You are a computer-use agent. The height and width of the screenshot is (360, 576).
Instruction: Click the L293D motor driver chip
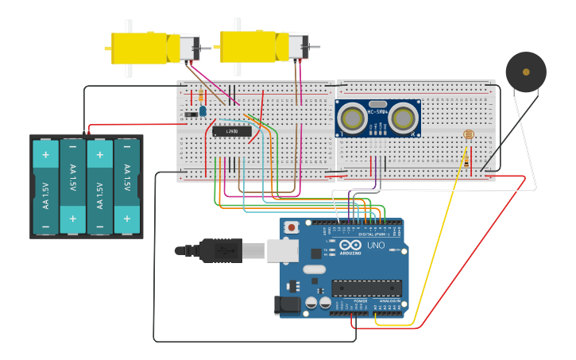232,130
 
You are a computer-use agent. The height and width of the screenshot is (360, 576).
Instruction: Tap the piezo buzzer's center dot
526,72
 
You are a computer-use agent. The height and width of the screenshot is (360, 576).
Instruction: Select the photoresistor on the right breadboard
467,134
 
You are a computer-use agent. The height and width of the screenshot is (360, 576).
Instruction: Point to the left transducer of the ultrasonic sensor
352,118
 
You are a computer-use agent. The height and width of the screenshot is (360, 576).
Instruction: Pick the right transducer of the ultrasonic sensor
404,118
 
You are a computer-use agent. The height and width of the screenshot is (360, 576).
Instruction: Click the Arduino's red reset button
292,227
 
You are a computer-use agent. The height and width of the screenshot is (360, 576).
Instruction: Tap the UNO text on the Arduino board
375,246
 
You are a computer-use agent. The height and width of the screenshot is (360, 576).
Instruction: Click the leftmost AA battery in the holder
45,187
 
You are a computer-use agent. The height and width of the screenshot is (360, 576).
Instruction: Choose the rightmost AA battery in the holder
126,187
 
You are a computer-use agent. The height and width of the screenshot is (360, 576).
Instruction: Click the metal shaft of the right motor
315,48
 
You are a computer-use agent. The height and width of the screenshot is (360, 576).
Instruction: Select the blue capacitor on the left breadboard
203,110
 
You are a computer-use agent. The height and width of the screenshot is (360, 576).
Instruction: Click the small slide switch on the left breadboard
191,115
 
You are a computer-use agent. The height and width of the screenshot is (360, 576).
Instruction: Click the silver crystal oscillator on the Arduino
315,269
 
